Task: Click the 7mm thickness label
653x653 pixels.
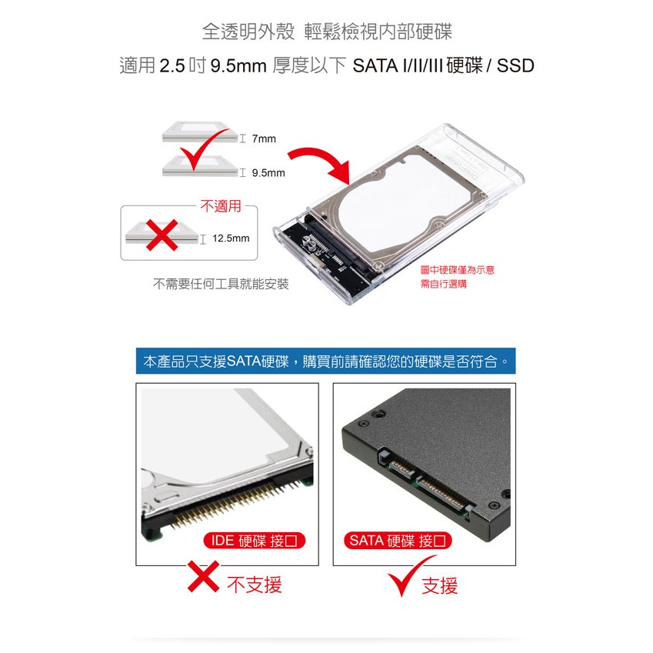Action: pos(264,138)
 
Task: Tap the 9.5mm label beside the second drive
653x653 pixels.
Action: pos(268,173)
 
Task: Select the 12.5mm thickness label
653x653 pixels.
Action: pos(231,238)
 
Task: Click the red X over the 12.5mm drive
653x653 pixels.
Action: pos(162,235)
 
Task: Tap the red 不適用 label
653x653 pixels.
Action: pos(221,206)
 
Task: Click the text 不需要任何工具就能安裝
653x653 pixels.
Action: pos(221,284)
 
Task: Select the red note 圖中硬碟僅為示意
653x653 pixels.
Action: pos(458,270)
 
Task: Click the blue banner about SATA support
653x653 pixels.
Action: pos(325,361)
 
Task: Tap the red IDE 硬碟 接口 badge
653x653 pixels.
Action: pos(254,541)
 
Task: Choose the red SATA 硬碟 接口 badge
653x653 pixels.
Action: pos(398,541)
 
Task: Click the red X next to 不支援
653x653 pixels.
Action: pos(203,576)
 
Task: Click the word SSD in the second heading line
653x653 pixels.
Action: pos(515,66)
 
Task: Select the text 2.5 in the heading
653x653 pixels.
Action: pos(172,66)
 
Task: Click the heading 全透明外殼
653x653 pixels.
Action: pos(248,32)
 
